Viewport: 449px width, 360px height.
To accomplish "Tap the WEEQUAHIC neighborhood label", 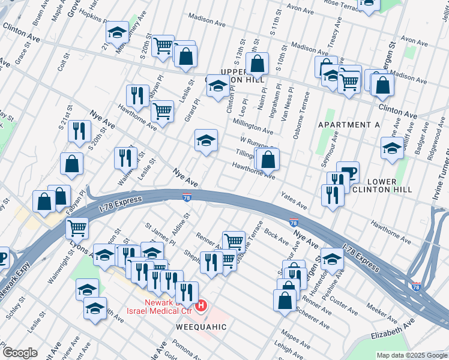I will pos(201,327).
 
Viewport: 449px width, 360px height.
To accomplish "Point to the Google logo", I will pos(20,352).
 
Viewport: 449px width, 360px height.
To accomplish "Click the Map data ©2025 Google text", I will pos(411,355).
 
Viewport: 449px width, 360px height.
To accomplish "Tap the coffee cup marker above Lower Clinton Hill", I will pos(348,172).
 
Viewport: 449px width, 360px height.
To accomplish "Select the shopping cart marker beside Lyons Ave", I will pos(77,227).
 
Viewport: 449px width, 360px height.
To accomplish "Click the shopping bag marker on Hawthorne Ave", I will pos(269,159).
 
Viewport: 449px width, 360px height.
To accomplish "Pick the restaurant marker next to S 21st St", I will pos(79,130).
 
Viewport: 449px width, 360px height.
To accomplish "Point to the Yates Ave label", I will pos(294,202).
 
